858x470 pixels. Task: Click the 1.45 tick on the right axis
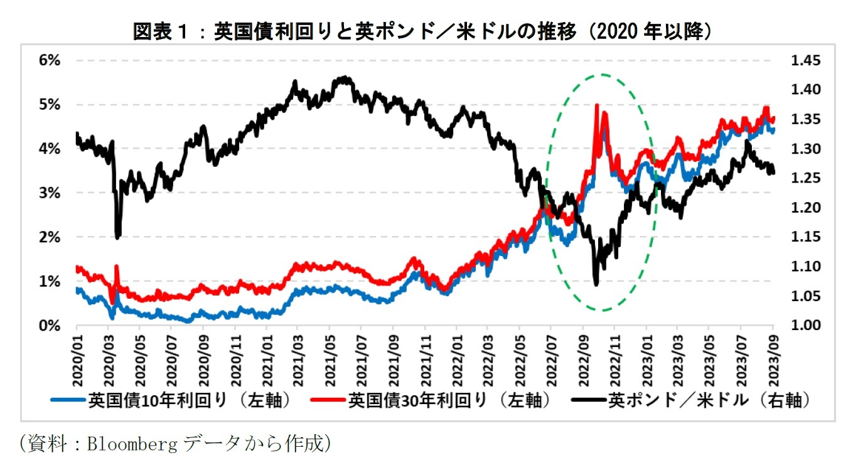(x=805, y=61)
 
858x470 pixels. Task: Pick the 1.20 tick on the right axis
(x=805, y=208)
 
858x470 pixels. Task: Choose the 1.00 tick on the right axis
(x=805, y=326)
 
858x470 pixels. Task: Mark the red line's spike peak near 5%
(x=596, y=105)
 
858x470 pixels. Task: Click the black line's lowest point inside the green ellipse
(x=596, y=284)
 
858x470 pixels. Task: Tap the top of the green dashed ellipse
(x=603, y=75)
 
